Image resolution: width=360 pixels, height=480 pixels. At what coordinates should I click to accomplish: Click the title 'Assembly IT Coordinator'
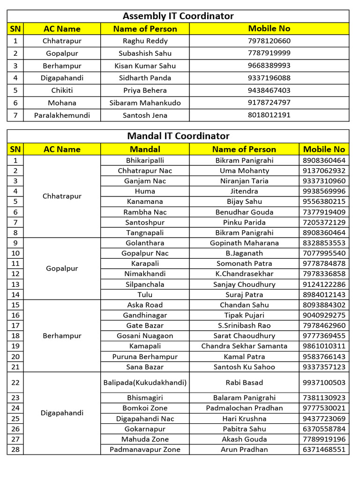point(178,16)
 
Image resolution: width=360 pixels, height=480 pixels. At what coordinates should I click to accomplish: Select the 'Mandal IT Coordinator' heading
point(178,136)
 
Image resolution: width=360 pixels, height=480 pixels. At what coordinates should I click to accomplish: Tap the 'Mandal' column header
point(145,149)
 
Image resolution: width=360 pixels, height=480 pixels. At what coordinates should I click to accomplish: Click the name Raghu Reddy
point(145,41)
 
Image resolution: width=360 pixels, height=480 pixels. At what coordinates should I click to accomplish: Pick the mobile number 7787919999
point(269,53)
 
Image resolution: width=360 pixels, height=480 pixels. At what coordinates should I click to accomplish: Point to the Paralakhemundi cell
point(62,115)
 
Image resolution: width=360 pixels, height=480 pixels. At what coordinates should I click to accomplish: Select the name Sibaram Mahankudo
point(145,103)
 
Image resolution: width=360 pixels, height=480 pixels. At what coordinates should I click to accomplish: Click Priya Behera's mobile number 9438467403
point(269,90)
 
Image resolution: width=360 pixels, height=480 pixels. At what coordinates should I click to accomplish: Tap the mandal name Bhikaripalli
point(145,160)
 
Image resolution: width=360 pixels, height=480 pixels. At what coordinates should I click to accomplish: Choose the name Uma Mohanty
point(244,171)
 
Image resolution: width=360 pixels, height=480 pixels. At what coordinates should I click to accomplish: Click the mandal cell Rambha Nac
point(145,212)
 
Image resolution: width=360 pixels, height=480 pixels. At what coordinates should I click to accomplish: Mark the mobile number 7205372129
point(324,222)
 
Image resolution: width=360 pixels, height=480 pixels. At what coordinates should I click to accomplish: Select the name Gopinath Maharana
point(244,243)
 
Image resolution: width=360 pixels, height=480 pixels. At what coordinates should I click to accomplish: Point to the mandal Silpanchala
point(145,284)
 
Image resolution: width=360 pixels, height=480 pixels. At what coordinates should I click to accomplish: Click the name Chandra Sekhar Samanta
point(244,346)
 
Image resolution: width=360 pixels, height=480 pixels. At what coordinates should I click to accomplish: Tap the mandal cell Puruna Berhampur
point(145,356)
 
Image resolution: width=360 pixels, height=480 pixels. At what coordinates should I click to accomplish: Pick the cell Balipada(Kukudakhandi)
point(145,382)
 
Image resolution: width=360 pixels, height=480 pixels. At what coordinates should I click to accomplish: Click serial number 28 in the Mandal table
point(15,449)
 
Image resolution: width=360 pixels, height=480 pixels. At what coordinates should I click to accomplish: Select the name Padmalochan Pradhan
point(244,408)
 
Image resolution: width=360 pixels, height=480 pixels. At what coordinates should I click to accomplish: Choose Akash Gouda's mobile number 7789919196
point(324,439)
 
